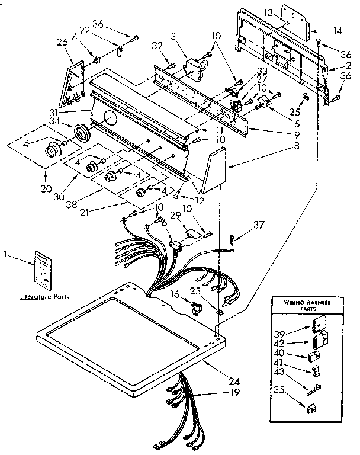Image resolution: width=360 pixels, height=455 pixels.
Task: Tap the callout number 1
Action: click(6, 255)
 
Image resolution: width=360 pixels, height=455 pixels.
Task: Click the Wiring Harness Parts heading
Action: click(301, 306)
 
